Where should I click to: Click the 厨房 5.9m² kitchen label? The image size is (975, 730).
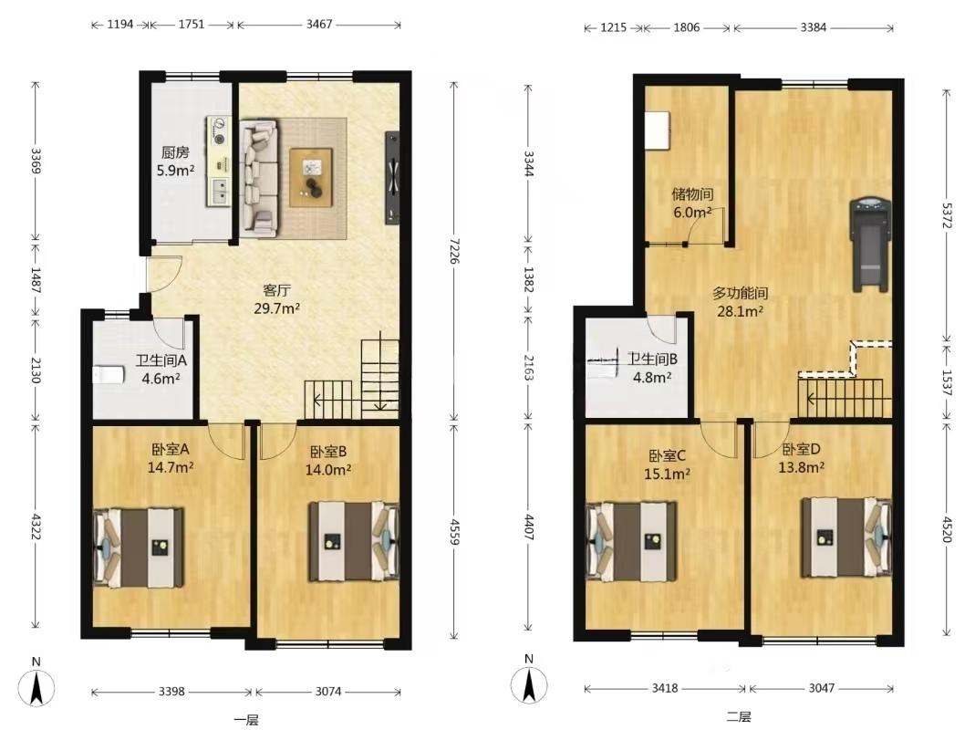pyautogui.click(x=175, y=162)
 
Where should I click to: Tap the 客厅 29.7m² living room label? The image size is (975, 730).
pyautogui.click(x=277, y=299)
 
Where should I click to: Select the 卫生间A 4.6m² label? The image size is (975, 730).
pyautogui.click(x=161, y=369)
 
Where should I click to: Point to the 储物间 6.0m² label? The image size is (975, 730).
pyautogui.click(x=692, y=203)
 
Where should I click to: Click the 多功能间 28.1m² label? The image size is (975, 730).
pyautogui.click(x=740, y=302)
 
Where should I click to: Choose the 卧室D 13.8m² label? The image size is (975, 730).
pyautogui.click(x=802, y=458)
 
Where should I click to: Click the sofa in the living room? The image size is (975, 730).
pyautogui.click(x=259, y=178)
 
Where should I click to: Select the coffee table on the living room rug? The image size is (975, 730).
pyautogui.click(x=311, y=177)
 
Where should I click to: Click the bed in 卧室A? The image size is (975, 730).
pyautogui.click(x=139, y=547)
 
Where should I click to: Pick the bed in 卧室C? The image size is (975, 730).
pyautogui.click(x=632, y=541)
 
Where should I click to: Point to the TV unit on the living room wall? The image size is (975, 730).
pyautogui.click(x=392, y=178)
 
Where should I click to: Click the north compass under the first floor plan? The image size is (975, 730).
pyautogui.click(x=36, y=687)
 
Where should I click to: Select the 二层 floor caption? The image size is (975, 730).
pyautogui.click(x=739, y=717)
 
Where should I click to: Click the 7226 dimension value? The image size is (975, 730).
pyautogui.click(x=454, y=250)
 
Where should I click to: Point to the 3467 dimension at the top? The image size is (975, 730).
pyautogui.click(x=319, y=25)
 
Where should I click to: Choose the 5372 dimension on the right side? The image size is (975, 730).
pyautogui.click(x=947, y=214)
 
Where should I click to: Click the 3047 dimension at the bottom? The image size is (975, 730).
pyautogui.click(x=822, y=688)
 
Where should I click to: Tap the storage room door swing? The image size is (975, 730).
pyautogui.click(x=707, y=226)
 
